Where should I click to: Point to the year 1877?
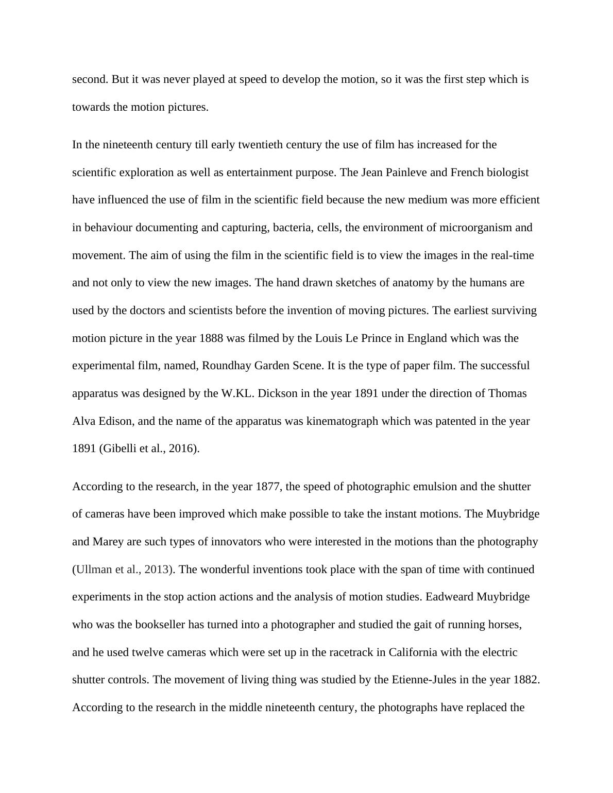point(268,487)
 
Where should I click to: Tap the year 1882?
point(526,680)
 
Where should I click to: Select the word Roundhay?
point(224,366)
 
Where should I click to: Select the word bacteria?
point(292,228)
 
